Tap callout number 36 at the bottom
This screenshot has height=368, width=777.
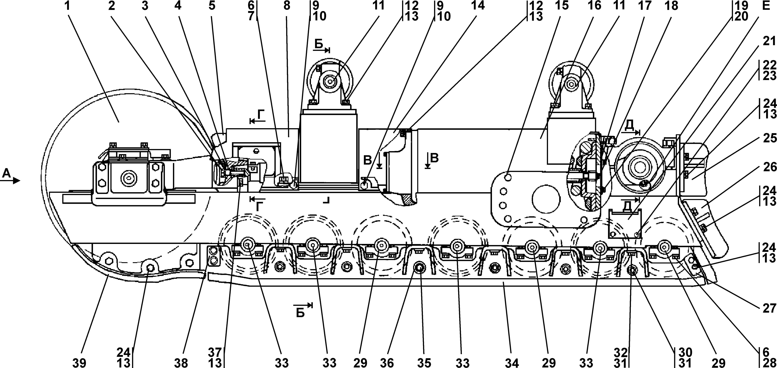click(x=387, y=362)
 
